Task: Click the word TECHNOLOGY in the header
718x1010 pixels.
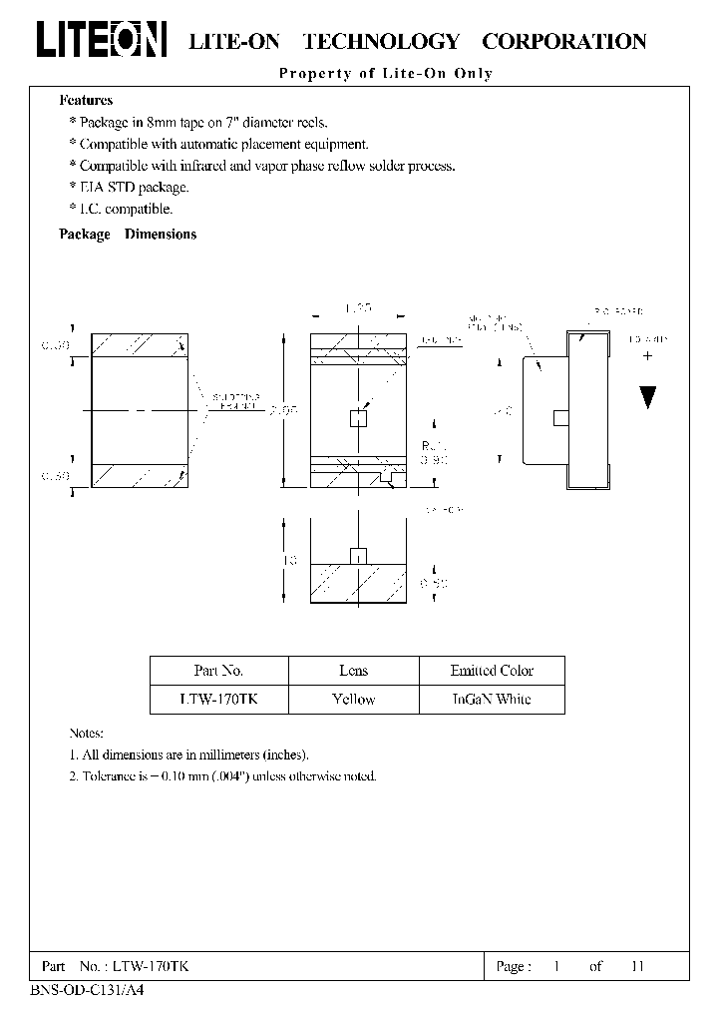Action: pos(381,42)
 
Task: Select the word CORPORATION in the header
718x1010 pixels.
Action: pos(564,42)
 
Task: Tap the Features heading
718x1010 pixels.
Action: pos(86,100)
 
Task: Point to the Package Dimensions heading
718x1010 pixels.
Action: pos(128,235)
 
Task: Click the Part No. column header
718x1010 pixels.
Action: pos(218,671)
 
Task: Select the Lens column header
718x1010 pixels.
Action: pos(353,671)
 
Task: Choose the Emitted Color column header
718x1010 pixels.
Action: pos(492,671)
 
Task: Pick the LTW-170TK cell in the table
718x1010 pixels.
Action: pos(218,700)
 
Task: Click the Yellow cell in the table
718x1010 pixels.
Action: pos(353,700)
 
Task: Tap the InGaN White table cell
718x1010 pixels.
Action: pos(492,700)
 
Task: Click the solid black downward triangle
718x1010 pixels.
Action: pos(648,396)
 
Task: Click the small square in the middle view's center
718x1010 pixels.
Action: pos(358,419)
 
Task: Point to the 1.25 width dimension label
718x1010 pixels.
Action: pos(358,310)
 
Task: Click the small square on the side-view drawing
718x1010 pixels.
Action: pos(560,416)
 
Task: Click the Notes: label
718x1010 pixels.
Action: pos(87,734)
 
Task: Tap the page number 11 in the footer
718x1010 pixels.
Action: pos(638,966)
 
